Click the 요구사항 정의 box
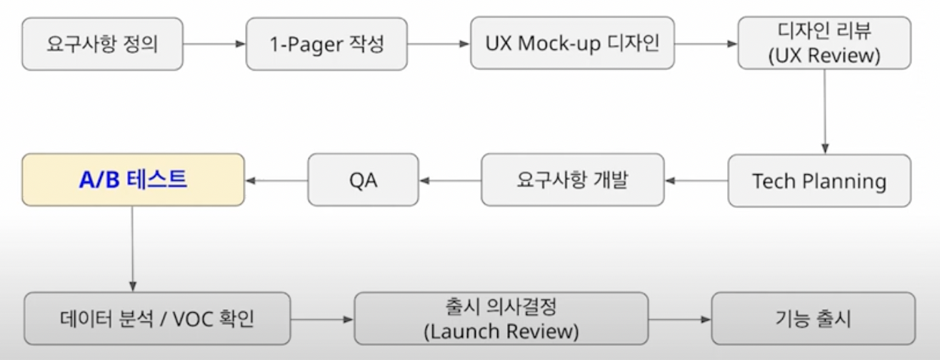(102, 44)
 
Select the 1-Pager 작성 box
(327, 44)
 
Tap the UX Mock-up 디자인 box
(572, 44)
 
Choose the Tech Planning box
(819, 181)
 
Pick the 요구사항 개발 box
(572, 180)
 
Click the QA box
(363, 180)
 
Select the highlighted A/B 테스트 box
(133, 180)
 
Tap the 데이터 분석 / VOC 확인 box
(157, 319)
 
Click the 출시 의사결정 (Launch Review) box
(501, 319)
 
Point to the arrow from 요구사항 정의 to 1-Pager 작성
(214, 44)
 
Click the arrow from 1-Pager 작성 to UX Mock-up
(439, 44)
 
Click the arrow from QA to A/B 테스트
(276, 181)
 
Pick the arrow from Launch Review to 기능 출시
(679, 319)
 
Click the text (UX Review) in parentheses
(825, 56)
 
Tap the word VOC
(191, 319)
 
